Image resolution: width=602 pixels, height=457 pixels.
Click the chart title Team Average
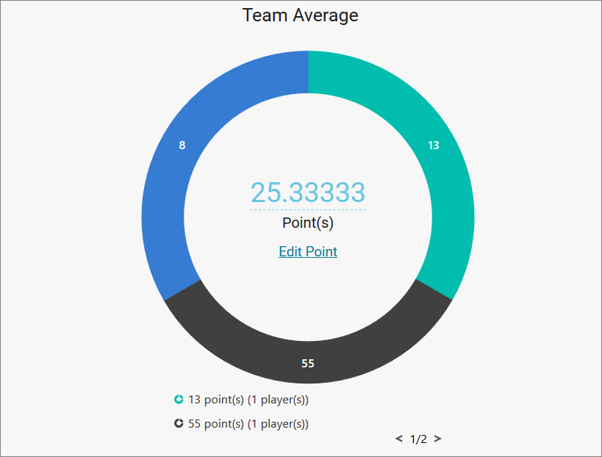point(301,15)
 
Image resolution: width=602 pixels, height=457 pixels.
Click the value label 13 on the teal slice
point(434,145)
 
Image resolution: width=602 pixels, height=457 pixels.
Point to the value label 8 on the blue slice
point(182,145)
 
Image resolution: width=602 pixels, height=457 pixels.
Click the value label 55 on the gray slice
point(308,364)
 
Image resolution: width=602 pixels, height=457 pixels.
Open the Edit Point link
point(308,251)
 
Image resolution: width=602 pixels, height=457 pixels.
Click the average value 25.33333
point(308,192)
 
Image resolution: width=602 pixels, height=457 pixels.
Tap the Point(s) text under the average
point(308,223)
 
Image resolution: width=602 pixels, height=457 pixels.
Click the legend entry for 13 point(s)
point(248,400)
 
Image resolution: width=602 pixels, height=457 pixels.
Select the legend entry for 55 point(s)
point(248,424)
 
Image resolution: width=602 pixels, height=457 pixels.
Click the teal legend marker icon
point(179,400)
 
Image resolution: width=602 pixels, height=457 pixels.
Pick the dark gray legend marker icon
point(179,424)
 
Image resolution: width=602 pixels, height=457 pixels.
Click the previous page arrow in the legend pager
point(399,439)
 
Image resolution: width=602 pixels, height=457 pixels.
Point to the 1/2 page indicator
point(418,439)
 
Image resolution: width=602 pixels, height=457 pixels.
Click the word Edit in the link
point(290,251)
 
